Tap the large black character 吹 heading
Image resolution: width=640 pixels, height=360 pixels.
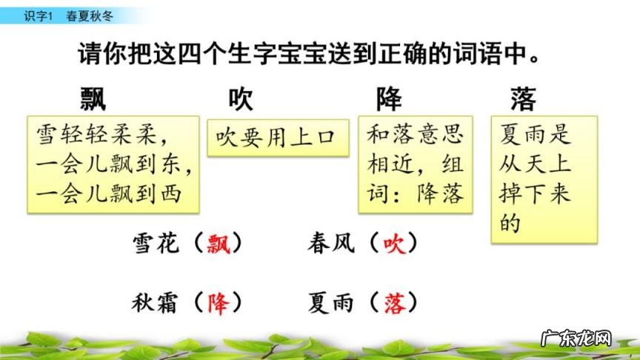click(x=242, y=99)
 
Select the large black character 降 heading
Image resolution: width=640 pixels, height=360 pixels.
click(x=389, y=99)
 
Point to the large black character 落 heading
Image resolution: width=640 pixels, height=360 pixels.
click(x=523, y=99)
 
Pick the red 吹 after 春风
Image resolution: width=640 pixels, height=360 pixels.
click(x=394, y=243)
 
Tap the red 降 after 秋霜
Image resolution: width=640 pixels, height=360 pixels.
click(x=219, y=302)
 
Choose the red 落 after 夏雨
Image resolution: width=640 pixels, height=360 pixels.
click(x=394, y=302)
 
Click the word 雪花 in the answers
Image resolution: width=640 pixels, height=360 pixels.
click(x=156, y=243)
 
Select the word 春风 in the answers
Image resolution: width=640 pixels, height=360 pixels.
click(x=330, y=243)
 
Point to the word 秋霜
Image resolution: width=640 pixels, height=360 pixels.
click(x=156, y=302)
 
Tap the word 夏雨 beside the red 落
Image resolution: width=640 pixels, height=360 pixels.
click(x=330, y=302)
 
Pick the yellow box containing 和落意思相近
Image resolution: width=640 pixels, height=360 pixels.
click(x=416, y=164)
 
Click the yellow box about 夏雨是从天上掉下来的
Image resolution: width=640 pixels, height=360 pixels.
click(x=544, y=179)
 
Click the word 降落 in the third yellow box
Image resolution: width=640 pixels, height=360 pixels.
click(x=441, y=194)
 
